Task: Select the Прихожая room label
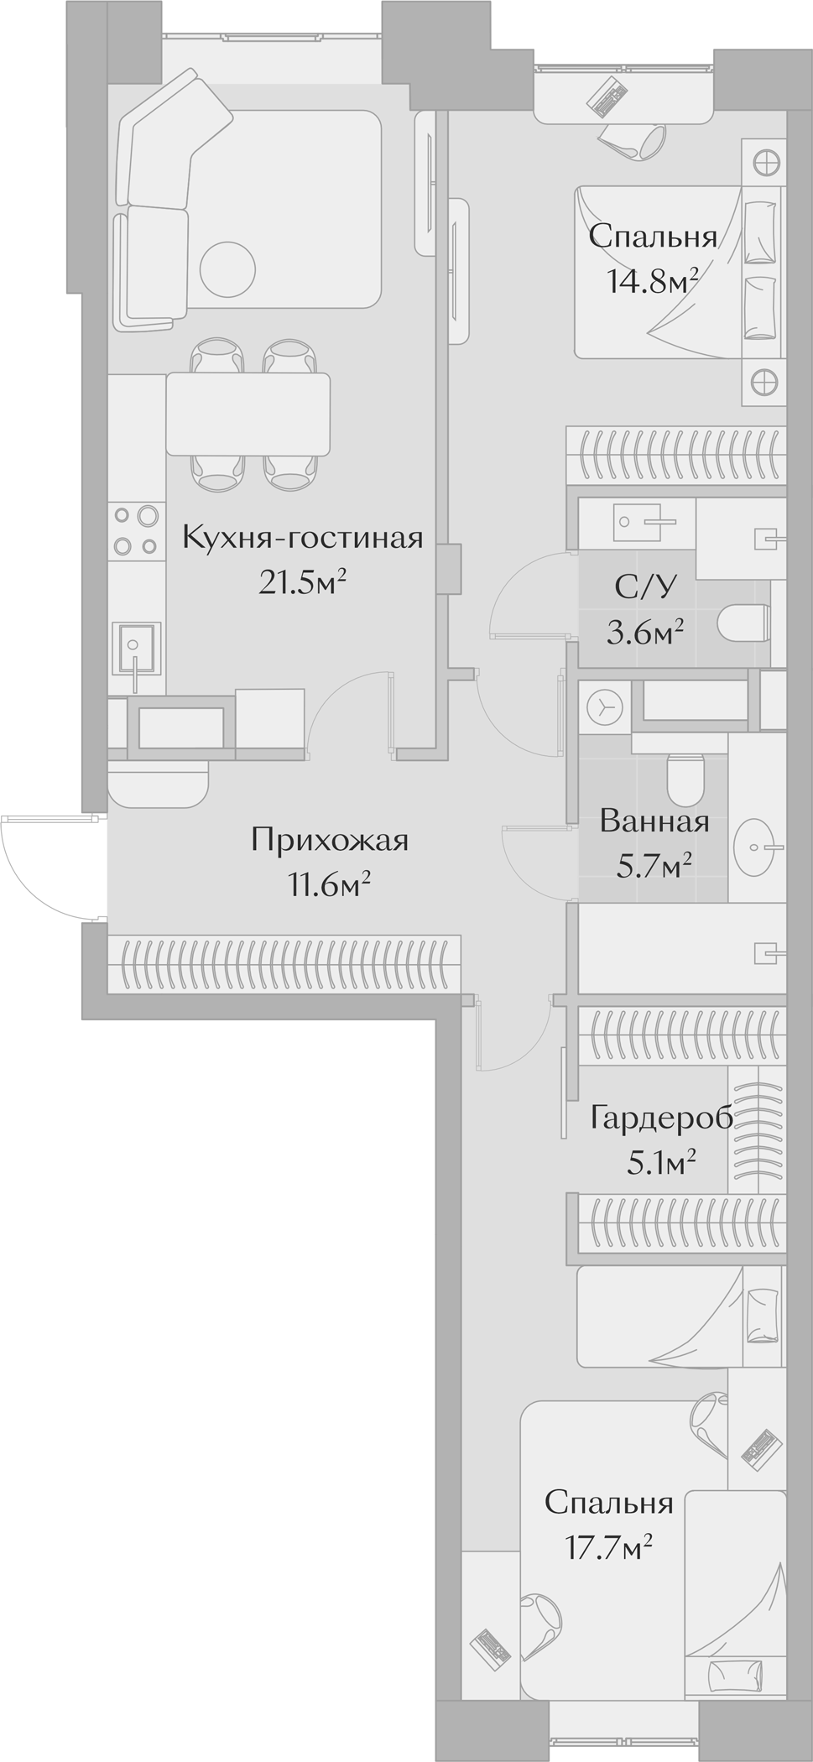pyautogui.click(x=330, y=840)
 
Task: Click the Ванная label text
pyautogui.click(x=654, y=821)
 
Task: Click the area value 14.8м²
pyautogui.click(x=653, y=282)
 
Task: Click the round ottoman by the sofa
pyautogui.click(x=227, y=268)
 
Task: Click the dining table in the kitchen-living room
pyautogui.click(x=248, y=414)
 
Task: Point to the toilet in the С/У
pyautogui.click(x=744, y=623)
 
